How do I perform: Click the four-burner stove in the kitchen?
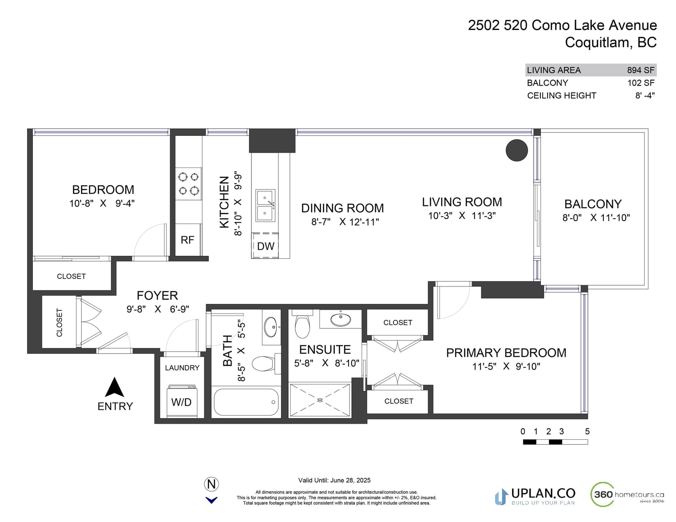click(188, 184)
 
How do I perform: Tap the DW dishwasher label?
click(265, 246)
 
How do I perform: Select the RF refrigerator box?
click(188, 240)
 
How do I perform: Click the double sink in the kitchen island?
click(265, 206)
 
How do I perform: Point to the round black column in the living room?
click(516, 150)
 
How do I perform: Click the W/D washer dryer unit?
click(182, 401)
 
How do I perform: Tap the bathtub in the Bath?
click(246, 402)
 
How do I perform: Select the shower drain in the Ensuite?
click(319, 400)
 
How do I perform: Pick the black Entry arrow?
click(114, 387)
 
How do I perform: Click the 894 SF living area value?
click(641, 70)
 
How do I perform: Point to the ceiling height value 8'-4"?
click(645, 95)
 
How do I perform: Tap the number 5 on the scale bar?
click(587, 431)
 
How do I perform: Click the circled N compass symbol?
click(211, 484)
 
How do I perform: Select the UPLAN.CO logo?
click(535, 497)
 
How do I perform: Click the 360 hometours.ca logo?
click(627, 494)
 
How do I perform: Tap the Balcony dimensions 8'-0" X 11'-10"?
click(596, 218)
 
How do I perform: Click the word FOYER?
click(158, 295)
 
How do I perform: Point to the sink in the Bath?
click(271, 327)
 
